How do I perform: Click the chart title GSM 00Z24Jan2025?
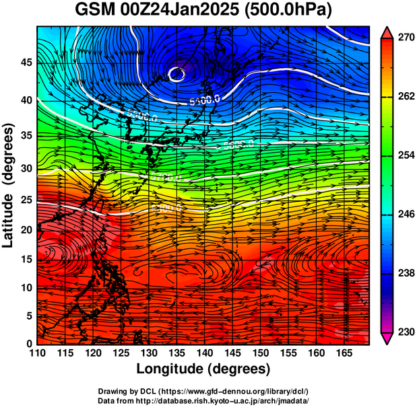[159, 11]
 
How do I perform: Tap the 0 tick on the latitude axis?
[28, 344]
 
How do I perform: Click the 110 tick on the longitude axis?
[37, 353]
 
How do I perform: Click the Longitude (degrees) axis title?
[203, 369]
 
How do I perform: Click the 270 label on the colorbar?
[404, 38]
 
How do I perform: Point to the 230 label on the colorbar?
[404, 332]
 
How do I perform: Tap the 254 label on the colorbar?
[404, 155]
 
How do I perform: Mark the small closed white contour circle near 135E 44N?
[177, 74]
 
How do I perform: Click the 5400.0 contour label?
[205, 100]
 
